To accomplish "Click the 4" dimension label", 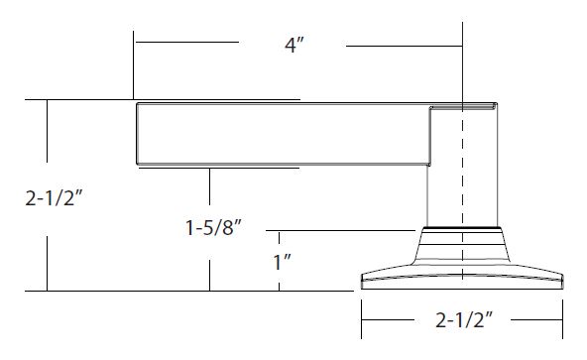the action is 294,46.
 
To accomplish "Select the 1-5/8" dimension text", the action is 214,227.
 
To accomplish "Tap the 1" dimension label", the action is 283,262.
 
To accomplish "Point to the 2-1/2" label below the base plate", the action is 464,320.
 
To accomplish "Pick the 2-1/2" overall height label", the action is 54,197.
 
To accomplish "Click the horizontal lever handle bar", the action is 283,134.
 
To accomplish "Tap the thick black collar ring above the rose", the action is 462,227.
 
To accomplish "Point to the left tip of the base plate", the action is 362,282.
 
